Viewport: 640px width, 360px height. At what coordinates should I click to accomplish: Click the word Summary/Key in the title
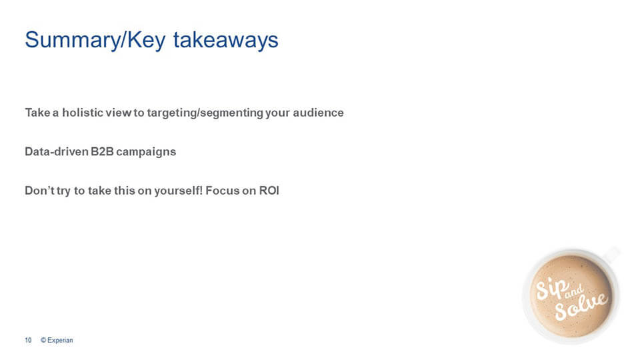pyautogui.click(x=95, y=40)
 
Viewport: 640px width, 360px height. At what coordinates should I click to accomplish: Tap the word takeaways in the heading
pyautogui.click(x=226, y=40)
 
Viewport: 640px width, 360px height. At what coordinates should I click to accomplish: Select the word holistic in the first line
pyautogui.click(x=83, y=112)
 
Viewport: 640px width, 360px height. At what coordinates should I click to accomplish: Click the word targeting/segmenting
pyautogui.click(x=205, y=113)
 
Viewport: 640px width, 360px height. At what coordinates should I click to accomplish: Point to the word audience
pyautogui.click(x=318, y=112)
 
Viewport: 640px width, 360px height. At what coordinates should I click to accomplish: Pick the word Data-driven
pyautogui.click(x=56, y=151)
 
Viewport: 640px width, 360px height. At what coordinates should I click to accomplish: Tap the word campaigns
pyautogui.click(x=146, y=152)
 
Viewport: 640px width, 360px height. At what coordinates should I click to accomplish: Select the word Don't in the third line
pyautogui.click(x=39, y=190)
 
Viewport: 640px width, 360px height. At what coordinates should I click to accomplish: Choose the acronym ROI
pyautogui.click(x=269, y=190)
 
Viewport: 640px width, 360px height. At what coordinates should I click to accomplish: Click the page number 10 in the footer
pyautogui.click(x=28, y=340)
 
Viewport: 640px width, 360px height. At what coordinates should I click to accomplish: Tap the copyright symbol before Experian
pyautogui.click(x=43, y=340)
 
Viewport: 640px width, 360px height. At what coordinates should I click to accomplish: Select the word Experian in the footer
pyautogui.click(x=60, y=341)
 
